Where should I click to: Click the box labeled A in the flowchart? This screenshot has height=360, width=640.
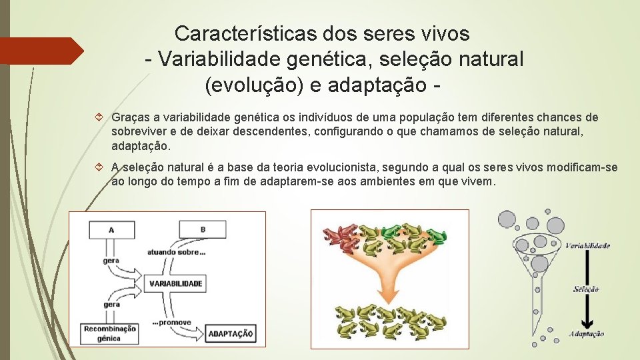[111, 230]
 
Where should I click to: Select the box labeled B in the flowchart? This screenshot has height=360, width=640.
[203, 230]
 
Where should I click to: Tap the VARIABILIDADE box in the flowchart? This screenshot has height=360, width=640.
[175, 283]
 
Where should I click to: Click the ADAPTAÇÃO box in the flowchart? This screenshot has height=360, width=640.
[230, 333]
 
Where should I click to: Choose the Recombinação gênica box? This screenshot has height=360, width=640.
[109, 333]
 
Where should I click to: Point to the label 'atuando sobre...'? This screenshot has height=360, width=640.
[176, 252]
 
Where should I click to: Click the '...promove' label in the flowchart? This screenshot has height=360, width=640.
[171, 322]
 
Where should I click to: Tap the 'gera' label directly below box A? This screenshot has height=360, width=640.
[111, 260]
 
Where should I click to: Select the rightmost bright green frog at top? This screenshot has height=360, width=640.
[437, 235]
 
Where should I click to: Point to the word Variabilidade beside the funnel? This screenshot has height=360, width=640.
[587, 245]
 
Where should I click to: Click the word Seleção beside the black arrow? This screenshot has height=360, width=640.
[586, 289]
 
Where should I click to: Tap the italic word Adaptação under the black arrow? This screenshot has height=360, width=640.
[587, 334]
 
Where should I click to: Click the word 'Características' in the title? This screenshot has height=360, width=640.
[239, 33]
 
